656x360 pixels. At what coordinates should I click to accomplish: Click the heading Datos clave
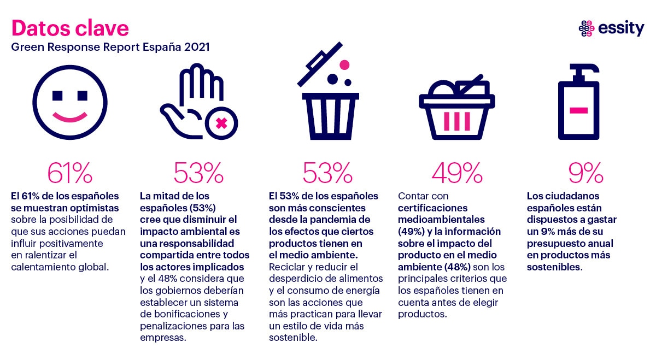70,28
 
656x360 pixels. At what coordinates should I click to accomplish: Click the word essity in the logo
621,28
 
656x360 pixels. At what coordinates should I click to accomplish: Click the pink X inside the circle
221,123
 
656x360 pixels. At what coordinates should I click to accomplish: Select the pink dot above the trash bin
344,65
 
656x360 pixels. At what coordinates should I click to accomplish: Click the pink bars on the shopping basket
457,121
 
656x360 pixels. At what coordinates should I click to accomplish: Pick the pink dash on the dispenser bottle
578,110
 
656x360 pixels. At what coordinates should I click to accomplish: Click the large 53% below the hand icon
198,173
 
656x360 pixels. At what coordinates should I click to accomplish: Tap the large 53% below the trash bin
327,173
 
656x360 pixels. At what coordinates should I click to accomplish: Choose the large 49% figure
457,173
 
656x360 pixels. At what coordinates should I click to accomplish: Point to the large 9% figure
585,173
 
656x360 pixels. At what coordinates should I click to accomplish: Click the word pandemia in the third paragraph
344,220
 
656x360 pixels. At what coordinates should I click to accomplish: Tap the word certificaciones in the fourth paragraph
432,208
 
